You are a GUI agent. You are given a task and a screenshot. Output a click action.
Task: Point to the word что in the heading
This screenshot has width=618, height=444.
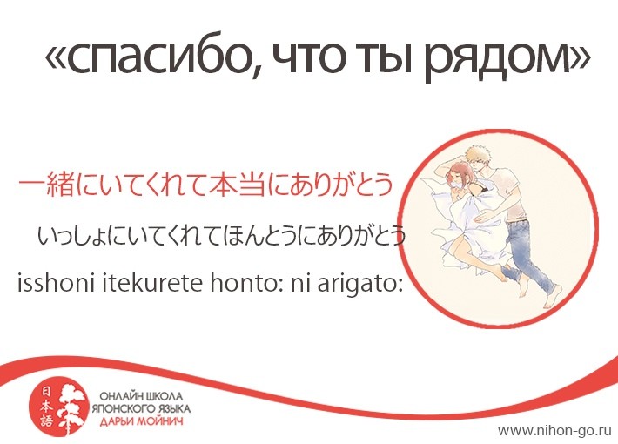(308, 59)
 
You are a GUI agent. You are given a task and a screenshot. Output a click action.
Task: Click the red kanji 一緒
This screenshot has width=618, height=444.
(47, 185)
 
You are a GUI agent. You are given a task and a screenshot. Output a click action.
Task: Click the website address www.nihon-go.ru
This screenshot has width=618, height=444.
(554, 430)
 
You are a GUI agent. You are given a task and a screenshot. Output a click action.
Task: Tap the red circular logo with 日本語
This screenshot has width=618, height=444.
(58, 407)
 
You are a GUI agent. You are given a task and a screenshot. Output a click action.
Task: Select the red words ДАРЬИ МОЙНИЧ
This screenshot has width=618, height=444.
(142, 422)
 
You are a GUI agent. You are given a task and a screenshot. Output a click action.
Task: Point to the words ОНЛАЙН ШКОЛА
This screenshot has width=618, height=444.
(141, 395)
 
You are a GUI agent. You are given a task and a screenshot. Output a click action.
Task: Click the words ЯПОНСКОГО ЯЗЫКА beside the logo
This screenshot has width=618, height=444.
(141, 408)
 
